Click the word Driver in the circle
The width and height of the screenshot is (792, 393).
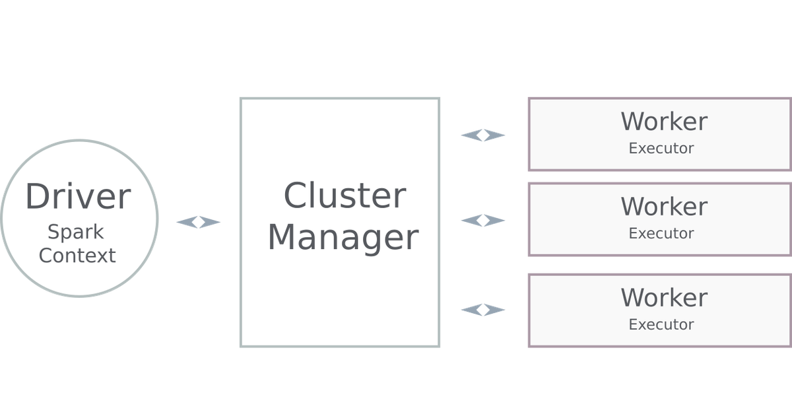[x=78, y=197]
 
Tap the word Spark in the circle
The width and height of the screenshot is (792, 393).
[x=75, y=232]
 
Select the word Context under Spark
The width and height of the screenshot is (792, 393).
[x=77, y=255]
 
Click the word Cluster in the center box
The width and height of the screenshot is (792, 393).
[x=345, y=196]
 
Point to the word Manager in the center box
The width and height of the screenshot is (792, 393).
[x=343, y=237]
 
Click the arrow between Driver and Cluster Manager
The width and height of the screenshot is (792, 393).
[x=198, y=223]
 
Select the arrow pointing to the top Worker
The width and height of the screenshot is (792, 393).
[x=483, y=135]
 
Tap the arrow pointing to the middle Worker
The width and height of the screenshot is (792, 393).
[x=483, y=220]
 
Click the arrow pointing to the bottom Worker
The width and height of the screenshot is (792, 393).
[x=483, y=309]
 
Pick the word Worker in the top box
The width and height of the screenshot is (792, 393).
[x=663, y=122]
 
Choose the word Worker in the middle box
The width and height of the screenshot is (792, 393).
[x=663, y=207]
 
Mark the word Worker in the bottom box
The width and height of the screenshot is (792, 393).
[x=663, y=297]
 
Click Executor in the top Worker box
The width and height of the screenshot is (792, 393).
[x=661, y=149]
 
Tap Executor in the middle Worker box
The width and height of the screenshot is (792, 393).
[x=661, y=234]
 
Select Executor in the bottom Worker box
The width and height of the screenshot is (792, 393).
[x=661, y=325]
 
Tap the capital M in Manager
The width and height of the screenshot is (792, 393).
[x=283, y=237]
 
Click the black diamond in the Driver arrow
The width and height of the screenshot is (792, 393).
[x=198, y=223]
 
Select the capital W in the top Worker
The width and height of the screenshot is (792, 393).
[x=634, y=122]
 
